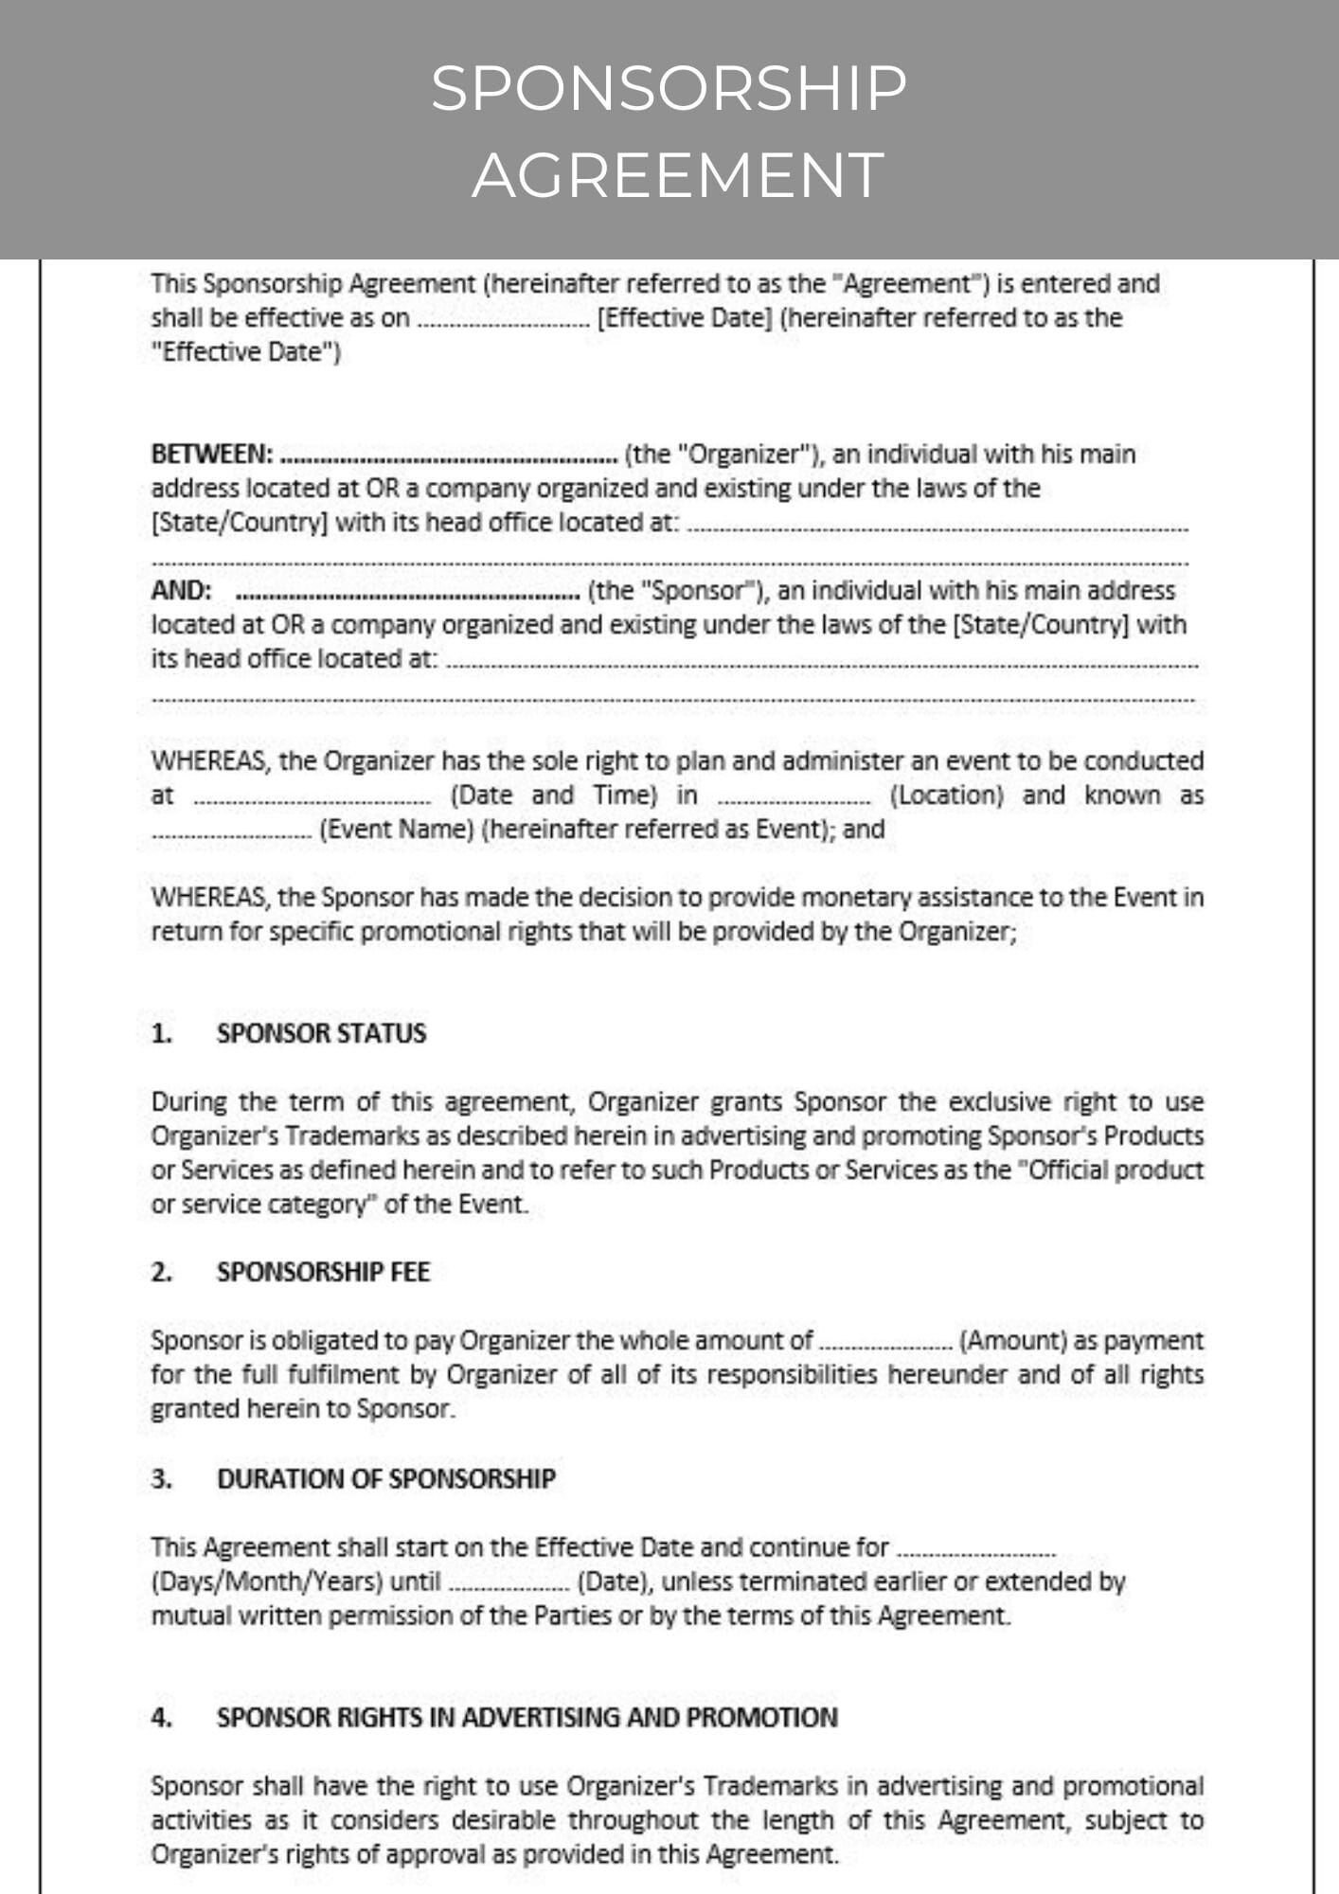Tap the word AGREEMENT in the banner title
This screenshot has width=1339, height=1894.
pyautogui.click(x=678, y=176)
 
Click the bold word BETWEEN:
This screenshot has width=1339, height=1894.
pyautogui.click(x=212, y=455)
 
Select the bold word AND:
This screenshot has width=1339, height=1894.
pyautogui.click(x=181, y=591)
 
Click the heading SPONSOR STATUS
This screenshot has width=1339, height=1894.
pyautogui.click(x=321, y=1033)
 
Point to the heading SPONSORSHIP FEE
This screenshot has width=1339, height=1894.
pyautogui.click(x=323, y=1272)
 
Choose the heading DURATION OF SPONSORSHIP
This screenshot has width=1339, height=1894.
pyautogui.click(x=386, y=1479)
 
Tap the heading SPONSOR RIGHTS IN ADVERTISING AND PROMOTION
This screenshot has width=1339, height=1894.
pyautogui.click(x=527, y=1718)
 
